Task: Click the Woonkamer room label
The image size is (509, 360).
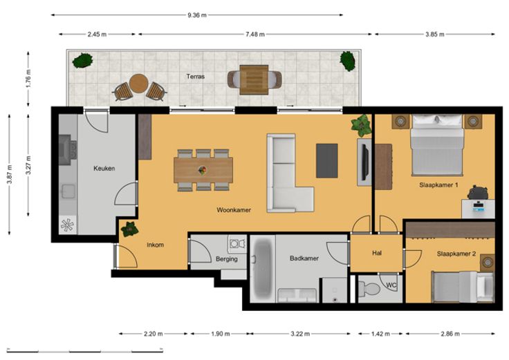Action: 234,210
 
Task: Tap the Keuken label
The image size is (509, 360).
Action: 104,169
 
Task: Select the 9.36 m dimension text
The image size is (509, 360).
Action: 196,15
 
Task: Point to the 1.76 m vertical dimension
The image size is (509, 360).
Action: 28,79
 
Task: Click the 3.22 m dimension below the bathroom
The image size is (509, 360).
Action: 300,334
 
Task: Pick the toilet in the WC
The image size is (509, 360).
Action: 369,288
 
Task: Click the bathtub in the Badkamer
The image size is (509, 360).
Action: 262,269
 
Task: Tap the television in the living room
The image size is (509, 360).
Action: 366,162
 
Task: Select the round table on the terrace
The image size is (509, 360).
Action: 138,84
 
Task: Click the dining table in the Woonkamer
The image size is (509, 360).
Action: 203,170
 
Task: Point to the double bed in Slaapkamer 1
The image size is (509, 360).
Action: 437,145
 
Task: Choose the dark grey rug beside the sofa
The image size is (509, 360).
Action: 327,161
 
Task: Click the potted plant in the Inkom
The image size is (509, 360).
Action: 129,229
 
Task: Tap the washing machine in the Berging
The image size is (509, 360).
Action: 237,243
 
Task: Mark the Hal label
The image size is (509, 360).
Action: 377,254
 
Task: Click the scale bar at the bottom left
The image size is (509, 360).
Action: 85,350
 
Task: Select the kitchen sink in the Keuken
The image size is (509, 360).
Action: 68,191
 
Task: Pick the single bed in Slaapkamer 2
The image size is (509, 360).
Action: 463,287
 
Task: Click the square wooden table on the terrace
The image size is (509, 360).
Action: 254,79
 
